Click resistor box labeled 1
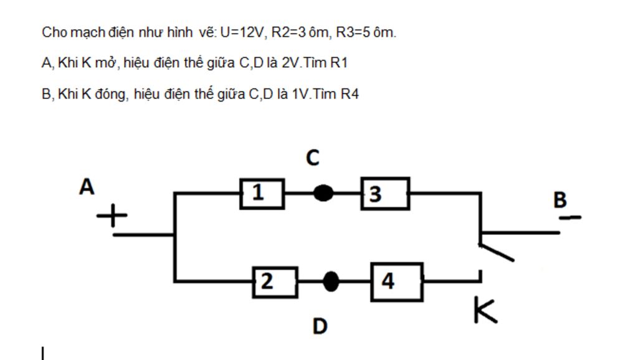click(262, 193)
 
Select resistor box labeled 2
click(275, 282)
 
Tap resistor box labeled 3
click(385, 193)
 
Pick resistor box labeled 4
click(397, 282)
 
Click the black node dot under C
click(322, 193)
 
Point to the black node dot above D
click(331, 282)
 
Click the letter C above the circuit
click(313, 159)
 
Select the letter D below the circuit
click(320, 326)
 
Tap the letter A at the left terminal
click(87, 186)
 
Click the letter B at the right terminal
click(559, 200)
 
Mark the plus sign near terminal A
click(112, 217)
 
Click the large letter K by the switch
click(485, 310)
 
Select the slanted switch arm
click(497, 252)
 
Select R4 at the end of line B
click(350, 94)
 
